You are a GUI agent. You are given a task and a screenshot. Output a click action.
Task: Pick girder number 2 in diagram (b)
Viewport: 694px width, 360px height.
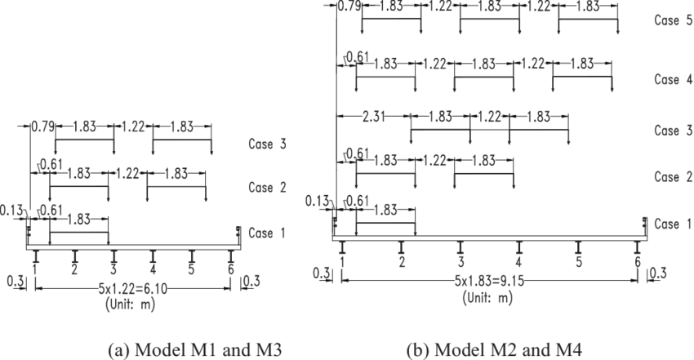tap(402, 262)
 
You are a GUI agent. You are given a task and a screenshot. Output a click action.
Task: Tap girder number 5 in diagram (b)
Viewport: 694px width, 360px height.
tap(578, 262)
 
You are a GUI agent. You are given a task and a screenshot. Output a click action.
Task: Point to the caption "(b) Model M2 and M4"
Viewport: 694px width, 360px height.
tap(495, 351)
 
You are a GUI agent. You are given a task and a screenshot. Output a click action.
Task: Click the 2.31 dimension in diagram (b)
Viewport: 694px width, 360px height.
tap(374, 115)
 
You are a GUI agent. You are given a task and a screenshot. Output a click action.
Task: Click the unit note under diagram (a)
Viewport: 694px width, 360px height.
tap(131, 304)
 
